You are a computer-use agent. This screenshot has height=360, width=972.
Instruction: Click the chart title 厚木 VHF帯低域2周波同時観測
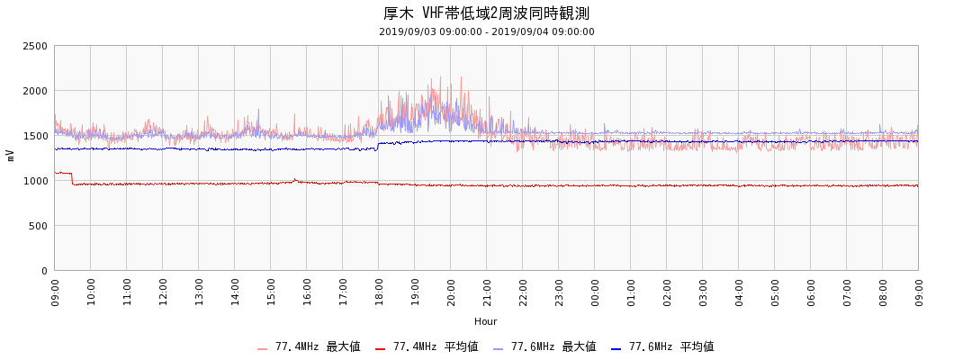tap(486, 13)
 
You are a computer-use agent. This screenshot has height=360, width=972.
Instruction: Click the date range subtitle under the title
tap(486, 31)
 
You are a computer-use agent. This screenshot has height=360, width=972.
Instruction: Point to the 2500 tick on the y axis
tap(35, 46)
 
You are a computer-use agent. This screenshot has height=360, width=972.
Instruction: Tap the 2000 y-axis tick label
tap(35, 91)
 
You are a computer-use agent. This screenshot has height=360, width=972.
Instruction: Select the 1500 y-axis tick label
tap(35, 136)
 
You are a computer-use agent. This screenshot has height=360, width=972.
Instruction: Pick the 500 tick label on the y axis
tap(39, 226)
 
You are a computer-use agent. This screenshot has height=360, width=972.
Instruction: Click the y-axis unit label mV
tap(11, 156)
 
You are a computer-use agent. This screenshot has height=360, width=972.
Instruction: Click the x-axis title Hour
tap(486, 321)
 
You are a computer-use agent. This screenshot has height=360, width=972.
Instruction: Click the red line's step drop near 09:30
tap(72, 178)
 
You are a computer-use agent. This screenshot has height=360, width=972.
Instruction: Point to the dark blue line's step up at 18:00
tap(378, 146)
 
